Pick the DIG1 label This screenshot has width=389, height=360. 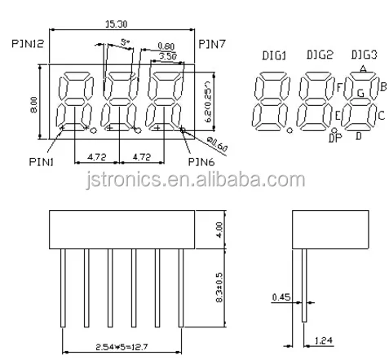[273, 54]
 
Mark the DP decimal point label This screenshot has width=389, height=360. [334, 139]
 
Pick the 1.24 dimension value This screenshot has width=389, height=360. [323, 337]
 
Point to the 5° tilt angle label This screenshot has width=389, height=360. [124, 41]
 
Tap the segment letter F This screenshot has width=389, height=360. [338, 86]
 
